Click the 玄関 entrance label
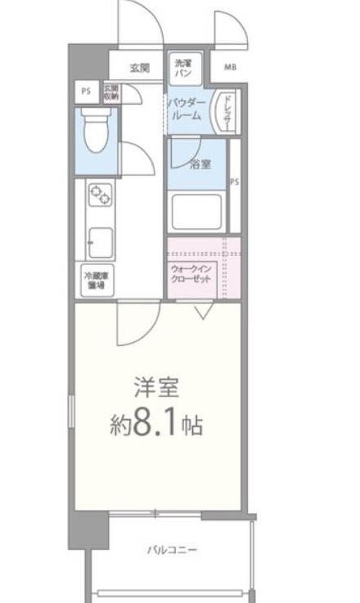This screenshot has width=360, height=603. coord(139,67)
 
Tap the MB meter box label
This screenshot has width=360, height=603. coord(230,67)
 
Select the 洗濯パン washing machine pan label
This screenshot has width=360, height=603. coord(182,66)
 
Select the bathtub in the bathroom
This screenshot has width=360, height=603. coord(198,212)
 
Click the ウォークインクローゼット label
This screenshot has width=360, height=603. coord(194,274)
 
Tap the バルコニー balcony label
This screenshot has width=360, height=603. coord(171,549)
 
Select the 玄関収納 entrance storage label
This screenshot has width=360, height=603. coord(110,92)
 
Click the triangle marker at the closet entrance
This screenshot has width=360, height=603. coord(203,309)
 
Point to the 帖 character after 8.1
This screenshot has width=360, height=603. coord(192,426)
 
